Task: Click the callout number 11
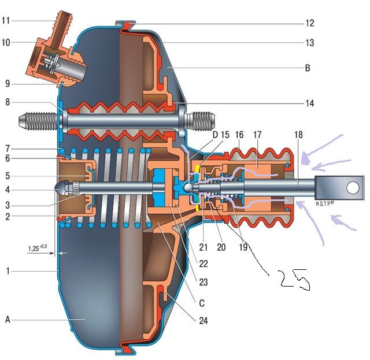(6, 21)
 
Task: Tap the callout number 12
(310, 23)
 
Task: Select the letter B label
(308, 68)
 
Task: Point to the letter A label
(8, 320)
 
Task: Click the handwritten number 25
(294, 280)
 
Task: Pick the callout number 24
(203, 321)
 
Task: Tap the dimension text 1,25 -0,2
(38, 248)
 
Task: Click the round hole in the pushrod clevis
(353, 188)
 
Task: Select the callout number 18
(298, 135)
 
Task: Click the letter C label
(202, 303)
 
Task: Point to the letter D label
(215, 135)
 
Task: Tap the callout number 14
(310, 103)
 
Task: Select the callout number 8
(8, 102)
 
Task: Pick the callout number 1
(8, 271)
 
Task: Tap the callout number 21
(203, 247)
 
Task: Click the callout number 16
(239, 135)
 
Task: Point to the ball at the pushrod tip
(189, 187)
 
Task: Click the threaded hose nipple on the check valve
(62, 25)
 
